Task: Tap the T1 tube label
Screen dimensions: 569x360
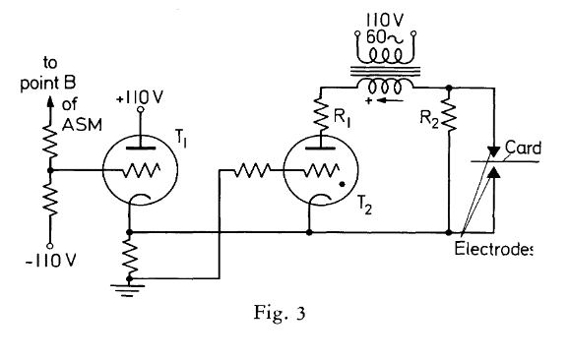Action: point(181,138)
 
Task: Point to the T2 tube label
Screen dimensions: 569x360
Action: point(364,207)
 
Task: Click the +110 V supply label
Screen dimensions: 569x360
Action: point(140,97)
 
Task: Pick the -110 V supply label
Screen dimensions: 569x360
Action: point(51,261)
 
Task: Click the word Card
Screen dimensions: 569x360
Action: point(523,148)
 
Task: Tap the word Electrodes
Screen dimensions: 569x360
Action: point(493,249)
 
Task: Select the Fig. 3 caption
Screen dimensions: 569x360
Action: point(280,313)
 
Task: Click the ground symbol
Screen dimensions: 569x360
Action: point(128,290)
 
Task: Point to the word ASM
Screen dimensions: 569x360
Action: point(82,125)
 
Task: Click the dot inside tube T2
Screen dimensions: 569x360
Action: point(342,185)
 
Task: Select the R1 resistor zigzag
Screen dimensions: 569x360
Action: point(321,112)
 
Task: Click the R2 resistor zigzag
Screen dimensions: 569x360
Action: point(449,113)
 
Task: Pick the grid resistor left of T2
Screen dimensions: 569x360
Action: point(253,170)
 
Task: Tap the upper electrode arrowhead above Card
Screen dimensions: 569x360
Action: point(494,151)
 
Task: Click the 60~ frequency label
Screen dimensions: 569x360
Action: point(385,37)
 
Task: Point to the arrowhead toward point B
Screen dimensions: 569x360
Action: point(50,102)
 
